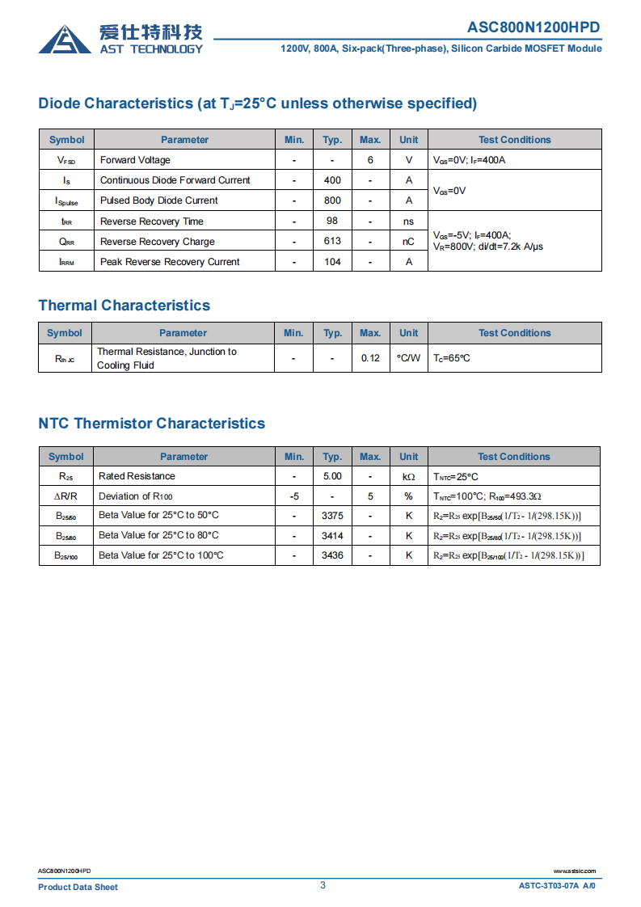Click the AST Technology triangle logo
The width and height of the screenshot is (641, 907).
[65, 39]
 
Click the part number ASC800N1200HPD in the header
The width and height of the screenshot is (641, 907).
[533, 27]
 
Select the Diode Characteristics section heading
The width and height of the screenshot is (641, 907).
[257, 103]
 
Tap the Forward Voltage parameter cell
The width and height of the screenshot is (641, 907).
[135, 160]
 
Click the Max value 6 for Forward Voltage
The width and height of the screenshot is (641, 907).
[370, 160]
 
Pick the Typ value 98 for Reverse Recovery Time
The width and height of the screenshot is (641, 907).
[332, 221]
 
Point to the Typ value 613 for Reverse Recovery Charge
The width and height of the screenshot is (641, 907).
[332, 241]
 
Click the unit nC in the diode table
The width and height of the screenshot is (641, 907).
[408, 241]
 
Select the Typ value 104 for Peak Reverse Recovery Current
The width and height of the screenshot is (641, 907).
[332, 261]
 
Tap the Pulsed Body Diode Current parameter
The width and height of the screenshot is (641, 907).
[158, 200]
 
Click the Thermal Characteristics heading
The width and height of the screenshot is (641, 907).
[124, 306]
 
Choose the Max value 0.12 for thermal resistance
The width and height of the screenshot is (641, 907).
[370, 358]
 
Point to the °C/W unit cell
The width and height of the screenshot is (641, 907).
[408, 358]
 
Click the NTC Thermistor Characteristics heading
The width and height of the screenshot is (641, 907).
[151, 424]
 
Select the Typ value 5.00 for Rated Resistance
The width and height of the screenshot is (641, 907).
[332, 476]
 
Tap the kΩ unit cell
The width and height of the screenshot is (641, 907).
[408, 477]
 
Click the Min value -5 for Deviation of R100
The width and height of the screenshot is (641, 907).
[294, 496]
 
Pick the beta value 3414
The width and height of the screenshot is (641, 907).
[332, 535]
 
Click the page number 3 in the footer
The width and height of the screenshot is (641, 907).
[323, 885]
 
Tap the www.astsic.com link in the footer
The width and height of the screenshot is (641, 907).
[574, 871]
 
